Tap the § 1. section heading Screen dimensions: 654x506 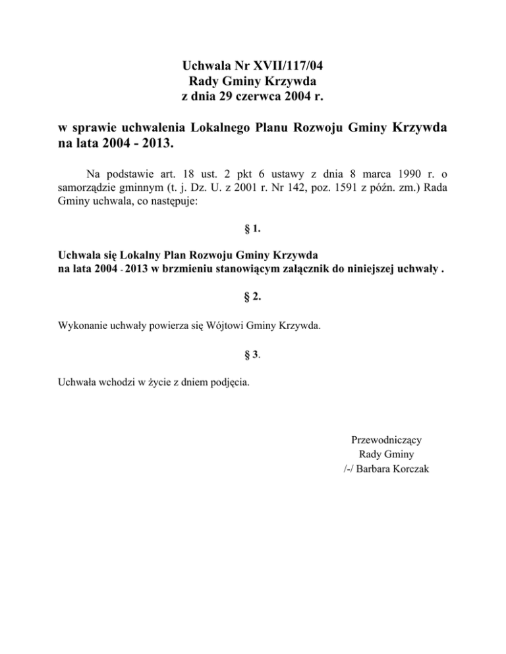[x=252, y=229]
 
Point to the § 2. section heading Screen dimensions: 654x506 [x=252, y=297]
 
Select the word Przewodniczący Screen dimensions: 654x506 [x=382, y=439]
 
